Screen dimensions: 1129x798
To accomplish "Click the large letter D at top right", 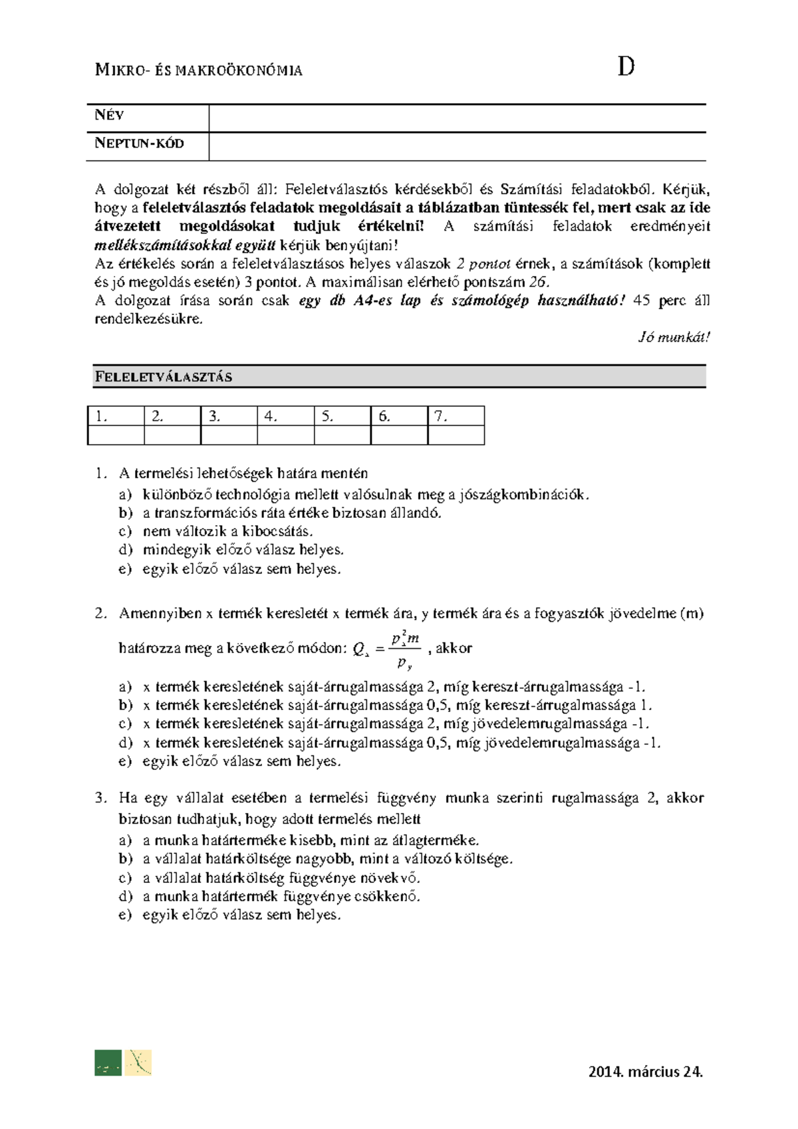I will click(625, 68).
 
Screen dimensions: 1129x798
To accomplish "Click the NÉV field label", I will click(109, 116).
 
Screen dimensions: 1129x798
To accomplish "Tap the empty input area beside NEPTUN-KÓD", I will click(456, 146).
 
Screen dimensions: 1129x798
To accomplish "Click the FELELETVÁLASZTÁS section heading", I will click(164, 377).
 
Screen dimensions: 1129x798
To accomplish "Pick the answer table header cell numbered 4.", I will click(285, 417).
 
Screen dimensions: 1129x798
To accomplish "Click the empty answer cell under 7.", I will click(456, 436).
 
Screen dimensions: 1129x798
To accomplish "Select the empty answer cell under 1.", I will click(115, 436).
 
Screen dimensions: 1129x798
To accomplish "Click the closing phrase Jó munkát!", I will click(674, 337).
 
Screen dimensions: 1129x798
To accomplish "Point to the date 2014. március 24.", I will click(646, 1071).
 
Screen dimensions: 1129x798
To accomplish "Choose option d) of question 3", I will click(282, 896).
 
